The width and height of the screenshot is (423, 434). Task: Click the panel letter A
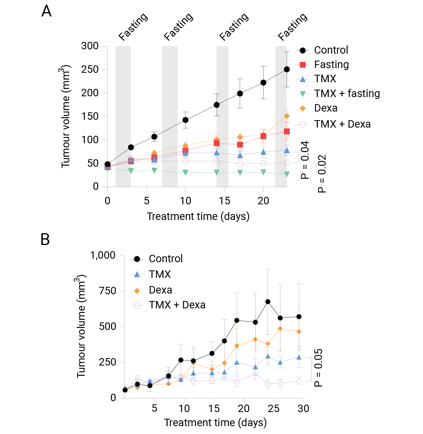[x=47, y=11]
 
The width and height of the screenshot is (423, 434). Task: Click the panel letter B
[x=45, y=240]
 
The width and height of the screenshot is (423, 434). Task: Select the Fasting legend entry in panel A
[x=331, y=64]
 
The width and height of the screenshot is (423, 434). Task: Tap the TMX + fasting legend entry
[x=347, y=93]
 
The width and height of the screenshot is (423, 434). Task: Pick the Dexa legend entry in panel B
[x=160, y=290]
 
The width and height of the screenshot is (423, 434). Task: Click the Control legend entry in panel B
[x=166, y=259]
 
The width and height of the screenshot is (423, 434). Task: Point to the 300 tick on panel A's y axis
[x=89, y=46]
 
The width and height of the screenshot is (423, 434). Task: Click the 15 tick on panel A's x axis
[x=224, y=200]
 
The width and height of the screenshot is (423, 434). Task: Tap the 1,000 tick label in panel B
[x=104, y=255]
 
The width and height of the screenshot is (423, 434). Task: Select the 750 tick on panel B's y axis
[x=107, y=291]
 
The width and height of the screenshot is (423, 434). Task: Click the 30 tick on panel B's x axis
[x=304, y=409]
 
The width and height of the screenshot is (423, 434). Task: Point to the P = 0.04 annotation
[x=305, y=160]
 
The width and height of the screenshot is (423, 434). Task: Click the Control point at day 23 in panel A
[x=287, y=69]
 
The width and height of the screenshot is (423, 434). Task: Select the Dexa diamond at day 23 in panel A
[x=287, y=116]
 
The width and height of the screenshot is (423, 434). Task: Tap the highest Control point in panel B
[x=268, y=302]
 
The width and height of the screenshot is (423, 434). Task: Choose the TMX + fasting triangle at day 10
[x=185, y=172]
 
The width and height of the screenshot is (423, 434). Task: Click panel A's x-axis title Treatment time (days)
[x=198, y=216]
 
